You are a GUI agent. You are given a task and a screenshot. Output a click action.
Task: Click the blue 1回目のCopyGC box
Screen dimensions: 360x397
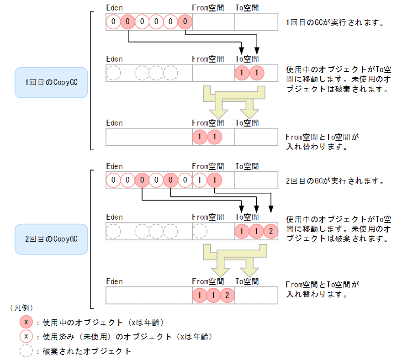click(51, 83)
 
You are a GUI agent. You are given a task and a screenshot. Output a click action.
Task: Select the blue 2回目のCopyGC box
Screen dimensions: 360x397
click(51, 239)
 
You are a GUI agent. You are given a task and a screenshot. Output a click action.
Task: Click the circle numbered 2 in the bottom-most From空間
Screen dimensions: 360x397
click(227, 295)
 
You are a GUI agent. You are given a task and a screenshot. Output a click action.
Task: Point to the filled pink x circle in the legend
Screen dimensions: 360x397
click(26, 322)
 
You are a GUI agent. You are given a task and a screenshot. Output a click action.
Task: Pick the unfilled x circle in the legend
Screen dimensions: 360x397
click(26, 337)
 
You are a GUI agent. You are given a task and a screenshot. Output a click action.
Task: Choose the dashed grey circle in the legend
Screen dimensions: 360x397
click(26, 351)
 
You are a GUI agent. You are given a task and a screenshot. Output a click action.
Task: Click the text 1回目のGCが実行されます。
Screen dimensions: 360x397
click(334, 22)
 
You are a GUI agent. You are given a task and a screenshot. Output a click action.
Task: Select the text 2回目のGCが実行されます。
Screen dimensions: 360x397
click(334, 180)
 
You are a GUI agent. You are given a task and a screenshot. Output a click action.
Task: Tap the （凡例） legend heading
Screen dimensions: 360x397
click(21, 307)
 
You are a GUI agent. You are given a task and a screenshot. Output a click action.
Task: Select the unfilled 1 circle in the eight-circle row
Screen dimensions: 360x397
click(199, 180)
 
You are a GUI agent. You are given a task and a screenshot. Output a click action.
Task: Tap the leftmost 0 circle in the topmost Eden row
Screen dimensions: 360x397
click(113, 21)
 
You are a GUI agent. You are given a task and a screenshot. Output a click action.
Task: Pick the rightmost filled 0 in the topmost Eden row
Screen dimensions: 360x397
click(185, 21)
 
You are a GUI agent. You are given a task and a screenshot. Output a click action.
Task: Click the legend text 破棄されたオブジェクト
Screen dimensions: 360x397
click(87, 351)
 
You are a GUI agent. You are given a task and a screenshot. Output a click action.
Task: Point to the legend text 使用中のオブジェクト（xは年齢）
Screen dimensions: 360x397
click(103, 322)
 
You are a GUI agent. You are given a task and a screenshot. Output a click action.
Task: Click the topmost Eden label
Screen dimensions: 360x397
click(114, 8)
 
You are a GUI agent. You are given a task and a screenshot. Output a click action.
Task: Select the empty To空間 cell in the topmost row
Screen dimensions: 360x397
click(256, 21)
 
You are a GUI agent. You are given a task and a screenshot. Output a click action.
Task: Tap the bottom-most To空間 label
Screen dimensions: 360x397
click(247, 281)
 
